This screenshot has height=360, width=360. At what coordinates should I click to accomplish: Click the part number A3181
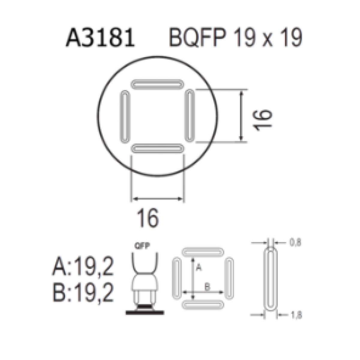(x=100, y=37)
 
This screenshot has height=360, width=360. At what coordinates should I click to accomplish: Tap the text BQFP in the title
(x=197, y=37)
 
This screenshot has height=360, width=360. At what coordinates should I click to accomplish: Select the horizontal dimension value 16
(x=148, y=218)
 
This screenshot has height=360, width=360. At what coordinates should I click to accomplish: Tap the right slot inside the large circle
(x=190, y=115)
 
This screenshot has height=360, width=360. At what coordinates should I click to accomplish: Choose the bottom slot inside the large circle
(x=157, y=148)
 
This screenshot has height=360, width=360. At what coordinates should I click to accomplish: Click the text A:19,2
(x=83, y=266)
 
